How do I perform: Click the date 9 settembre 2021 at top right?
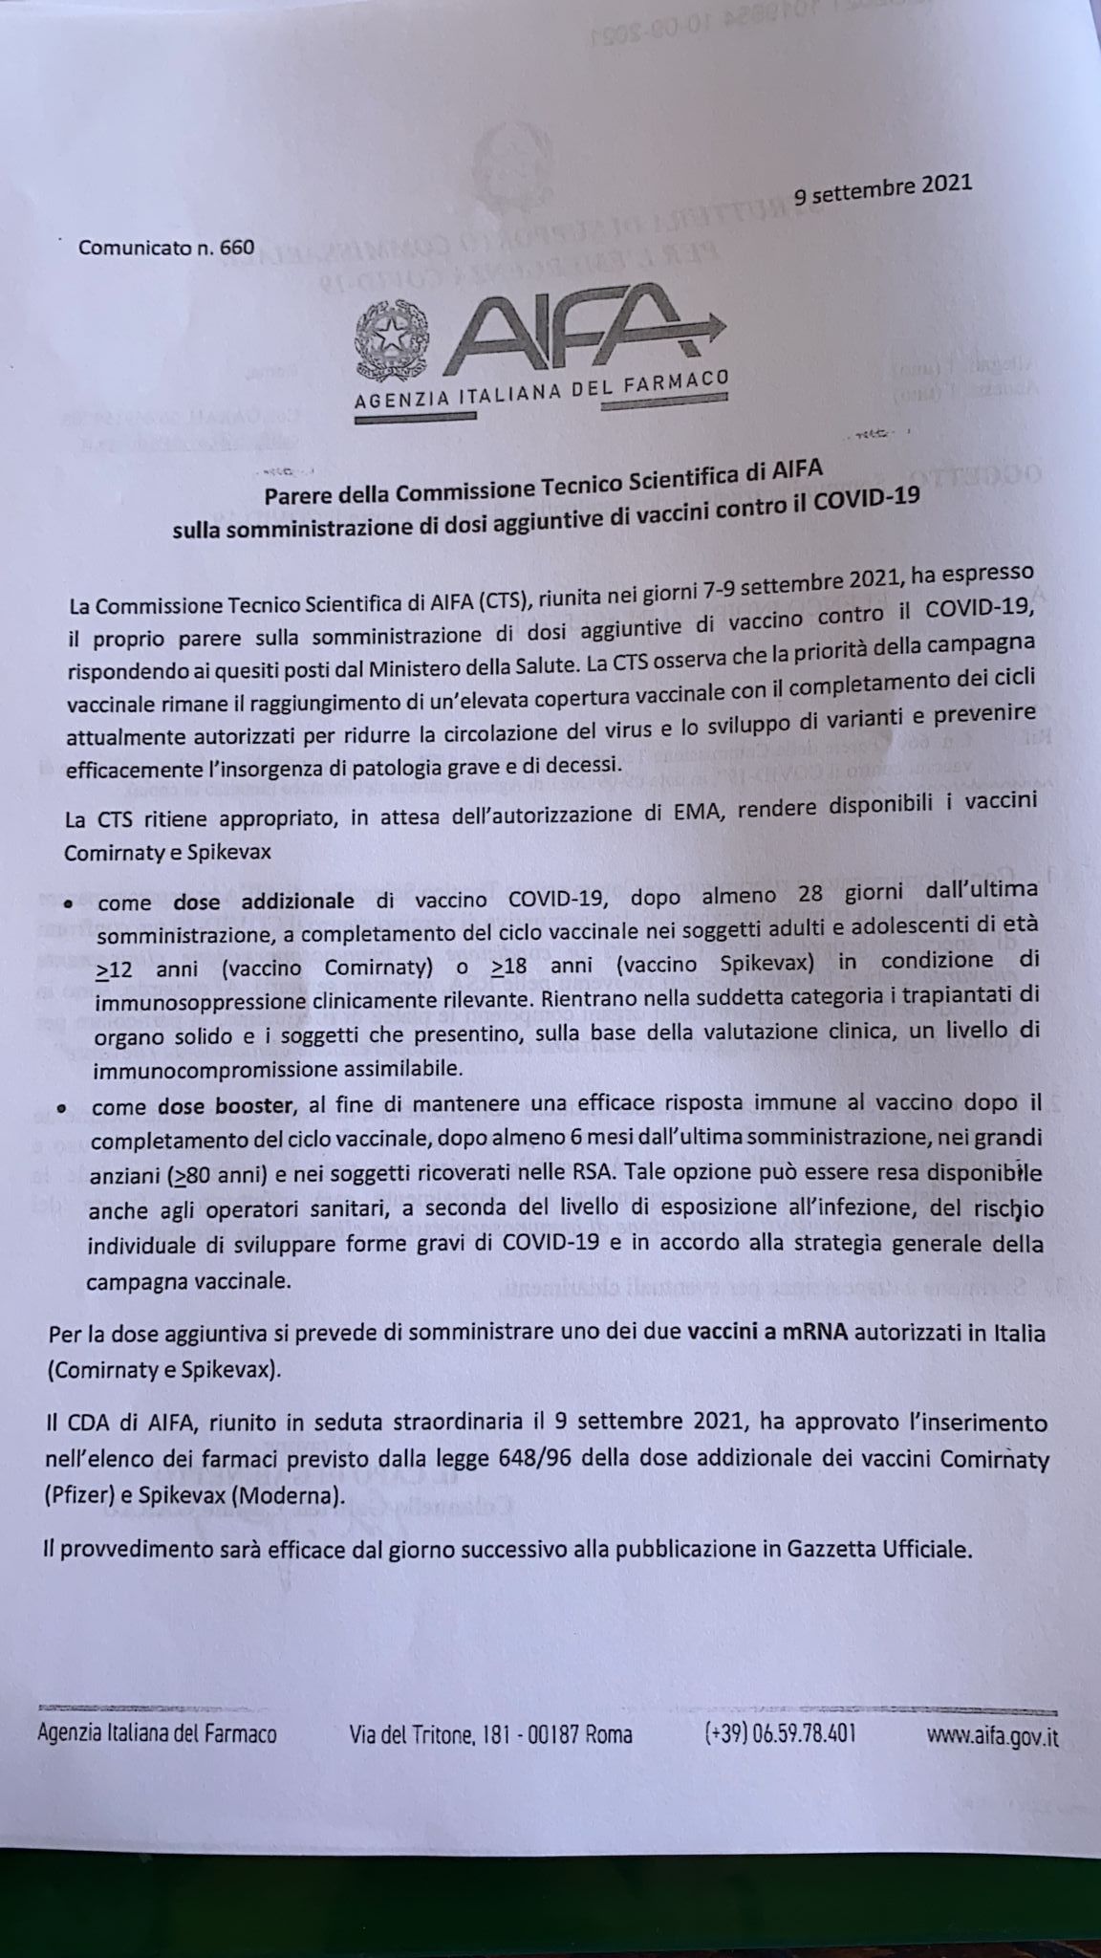(882, 189)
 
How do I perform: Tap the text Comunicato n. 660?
(166, 247)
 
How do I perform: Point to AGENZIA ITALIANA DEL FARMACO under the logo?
(541, 393)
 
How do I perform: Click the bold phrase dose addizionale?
(264, 901)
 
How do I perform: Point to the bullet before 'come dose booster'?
(62, 1109)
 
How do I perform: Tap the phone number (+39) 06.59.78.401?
(779, 1732)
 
